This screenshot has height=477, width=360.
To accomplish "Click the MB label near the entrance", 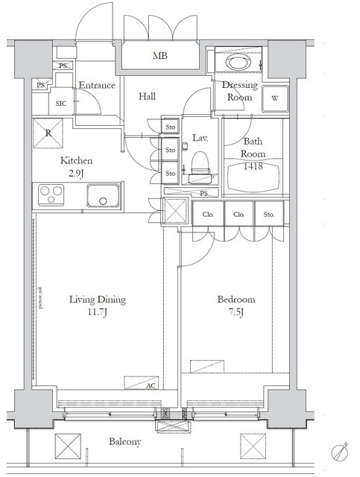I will [x=160, y=56].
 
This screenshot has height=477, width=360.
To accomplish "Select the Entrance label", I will [x=97, y=85].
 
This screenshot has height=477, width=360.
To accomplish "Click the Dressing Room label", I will [x=240, y=91].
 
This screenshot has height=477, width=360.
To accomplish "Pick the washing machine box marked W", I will [x=275, y=98].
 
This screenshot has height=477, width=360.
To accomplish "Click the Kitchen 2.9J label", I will [x=77, y=165].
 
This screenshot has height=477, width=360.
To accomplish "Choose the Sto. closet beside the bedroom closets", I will [x=268, y=215].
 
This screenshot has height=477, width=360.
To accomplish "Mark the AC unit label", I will [x=151, y=385].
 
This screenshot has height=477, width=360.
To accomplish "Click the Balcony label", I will [x=126, y=442].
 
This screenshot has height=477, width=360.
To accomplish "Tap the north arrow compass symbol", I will [x=341, y=451].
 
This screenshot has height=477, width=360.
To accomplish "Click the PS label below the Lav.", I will [x=213, y=194].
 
